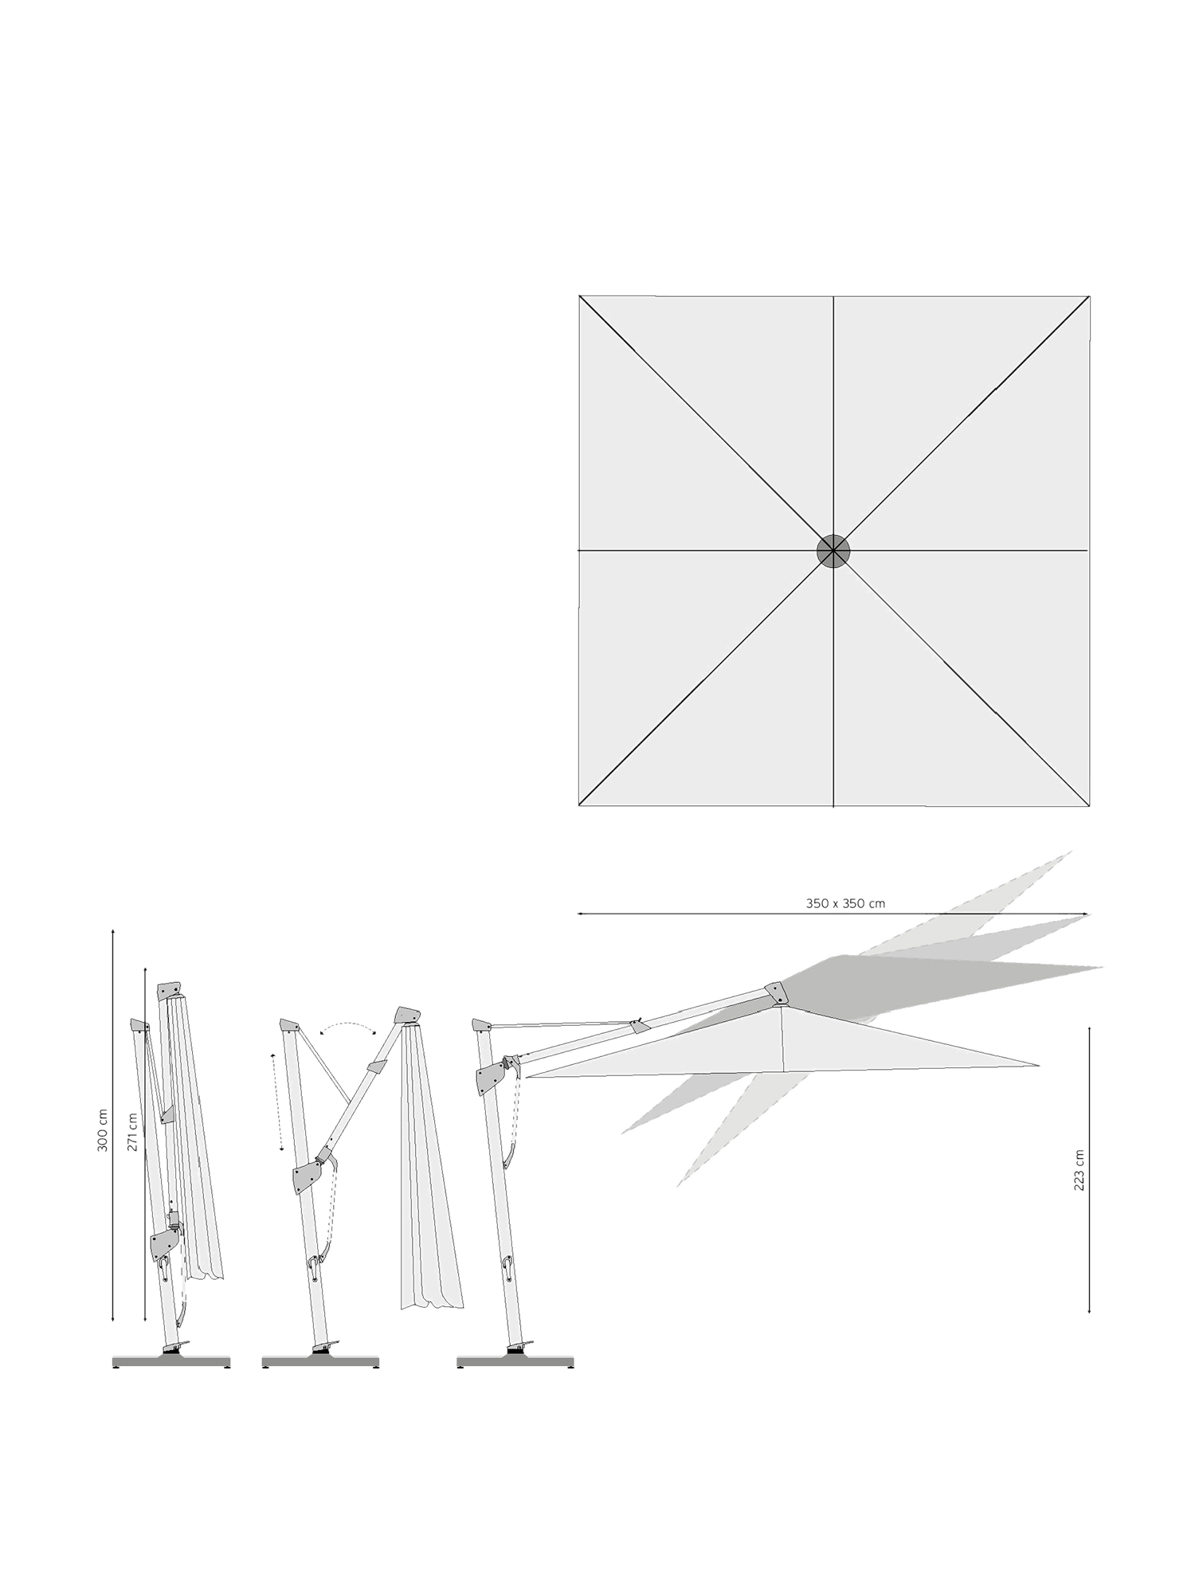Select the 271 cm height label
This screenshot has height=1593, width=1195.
point(133,1132)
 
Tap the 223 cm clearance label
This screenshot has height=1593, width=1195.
point(1079,1170)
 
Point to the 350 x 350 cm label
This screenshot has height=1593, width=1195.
point(845,903)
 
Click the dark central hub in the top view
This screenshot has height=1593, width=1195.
point(833,550)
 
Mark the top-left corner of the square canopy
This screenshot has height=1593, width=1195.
point(579,296)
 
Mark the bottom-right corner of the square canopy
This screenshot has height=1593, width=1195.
point(1089,806)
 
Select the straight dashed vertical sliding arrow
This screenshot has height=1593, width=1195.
point(277,1102)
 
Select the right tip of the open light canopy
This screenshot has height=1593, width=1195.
point(1040,1065)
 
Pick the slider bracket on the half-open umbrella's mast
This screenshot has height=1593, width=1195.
point(307,1176)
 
